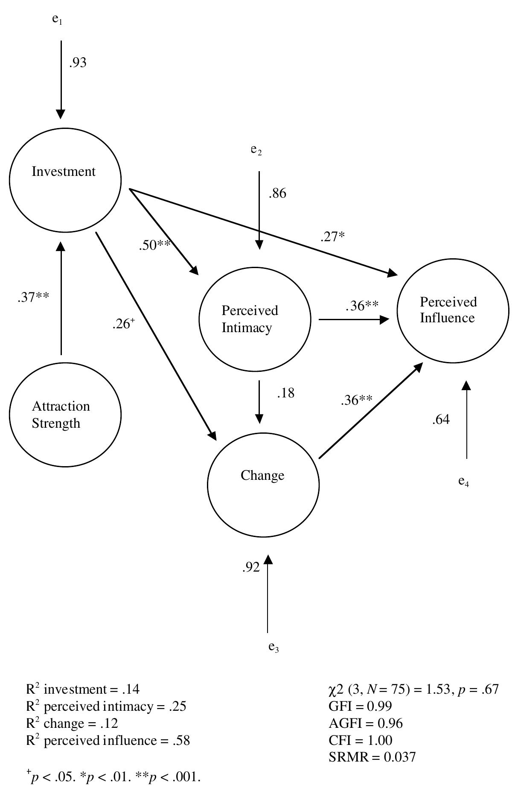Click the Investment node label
pyautogui.click(x=64, y=172)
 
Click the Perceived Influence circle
pyautogui.click(x=453, y=310)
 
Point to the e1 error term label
pyautogui.click(x=57, y=20)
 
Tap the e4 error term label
pyautogui.click(x=464, y=482)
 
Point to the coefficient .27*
pyautogui.click(x=332, y=236)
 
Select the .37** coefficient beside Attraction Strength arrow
pyautogui.click(x=33, y=298)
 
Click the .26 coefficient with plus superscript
pyautogui.click(x=123, y=325)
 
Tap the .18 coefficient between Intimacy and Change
pyautogui.click(x=285, y=393)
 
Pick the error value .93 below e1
pyautogui.click(x=77, y=63)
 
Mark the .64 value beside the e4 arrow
pyautogui.click(x=441, y=420)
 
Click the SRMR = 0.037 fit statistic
pyautogui.click(x=372, y=757)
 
